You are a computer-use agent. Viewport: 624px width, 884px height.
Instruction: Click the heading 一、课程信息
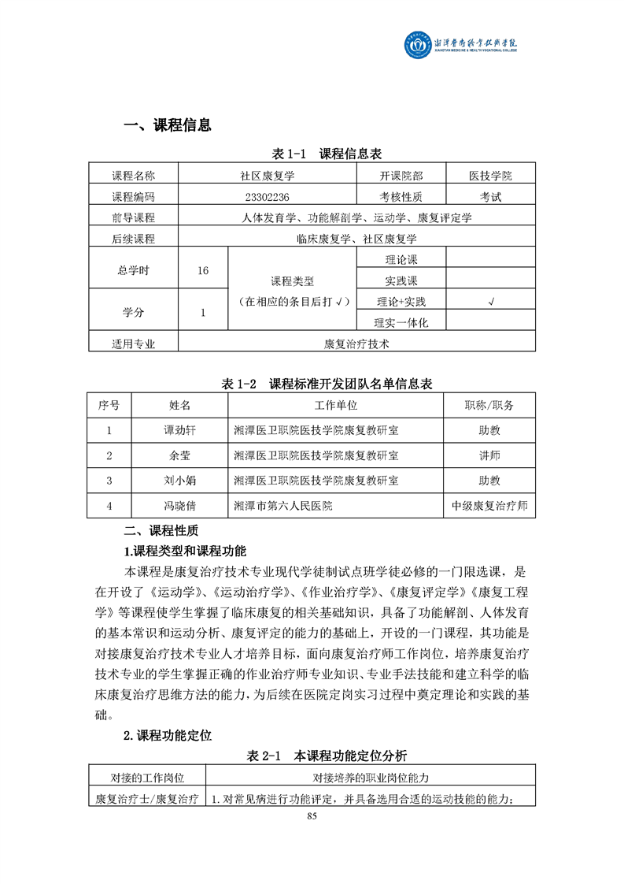coord(167,125)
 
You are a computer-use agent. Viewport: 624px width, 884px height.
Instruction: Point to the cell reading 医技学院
coord(491,176)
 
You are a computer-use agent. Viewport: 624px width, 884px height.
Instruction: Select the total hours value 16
coord(203,270)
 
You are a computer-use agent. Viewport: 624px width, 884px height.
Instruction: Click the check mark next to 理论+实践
coord(491,302)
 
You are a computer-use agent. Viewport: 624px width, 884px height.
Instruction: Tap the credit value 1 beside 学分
coord(203,312)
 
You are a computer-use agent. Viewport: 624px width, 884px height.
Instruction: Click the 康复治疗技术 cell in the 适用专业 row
coord(357,344)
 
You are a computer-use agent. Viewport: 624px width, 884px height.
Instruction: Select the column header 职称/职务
coord(489,405)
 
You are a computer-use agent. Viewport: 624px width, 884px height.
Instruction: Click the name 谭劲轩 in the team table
coord(179,430)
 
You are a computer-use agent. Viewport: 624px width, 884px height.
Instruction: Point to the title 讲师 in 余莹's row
coord(489,455)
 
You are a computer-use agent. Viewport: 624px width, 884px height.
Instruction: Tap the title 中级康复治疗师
coord(489,505)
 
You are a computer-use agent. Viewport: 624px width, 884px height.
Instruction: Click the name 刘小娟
coord(179,480)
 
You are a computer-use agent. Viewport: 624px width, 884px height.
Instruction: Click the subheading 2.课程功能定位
coord(168,736)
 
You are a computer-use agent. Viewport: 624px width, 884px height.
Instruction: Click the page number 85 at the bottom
coord(312,816)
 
